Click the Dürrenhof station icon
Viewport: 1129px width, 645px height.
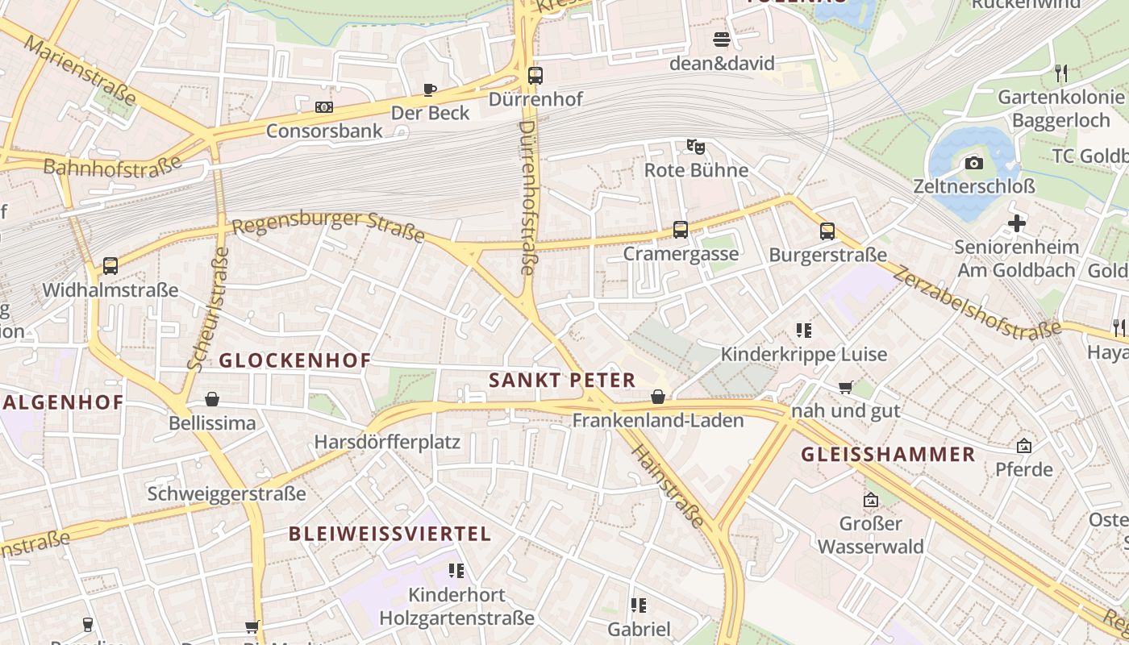click(x=535, y=76)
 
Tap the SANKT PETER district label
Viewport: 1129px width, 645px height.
click(x=562, y=381)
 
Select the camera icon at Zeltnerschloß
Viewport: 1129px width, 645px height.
click(x=974, y=163)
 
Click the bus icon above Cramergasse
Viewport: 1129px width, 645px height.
click(x=681, y=230)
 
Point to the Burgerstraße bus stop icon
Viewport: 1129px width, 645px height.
click(x=827, y=231)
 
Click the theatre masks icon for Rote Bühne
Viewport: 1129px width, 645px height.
click(x=696, y=147)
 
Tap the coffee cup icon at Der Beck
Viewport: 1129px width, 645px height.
click(x=430, y=89)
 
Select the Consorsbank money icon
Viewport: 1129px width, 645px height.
click(x=323, y=107)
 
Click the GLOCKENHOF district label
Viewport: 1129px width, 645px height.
click(x=295, y=360)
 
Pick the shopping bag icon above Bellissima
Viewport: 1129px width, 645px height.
click(x=212, y=399)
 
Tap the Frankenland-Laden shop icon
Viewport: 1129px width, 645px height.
click(x=658, y=397)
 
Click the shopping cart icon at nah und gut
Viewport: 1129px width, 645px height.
click(x=845, y=388)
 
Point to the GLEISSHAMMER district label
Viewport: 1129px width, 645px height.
click(x=888, y=455)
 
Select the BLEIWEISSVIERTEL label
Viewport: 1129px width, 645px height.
click(x=390, y=534)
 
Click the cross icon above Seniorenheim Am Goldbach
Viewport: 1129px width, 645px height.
click(x=1017, y=223)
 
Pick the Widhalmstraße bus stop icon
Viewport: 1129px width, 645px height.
click(x=110, y=266)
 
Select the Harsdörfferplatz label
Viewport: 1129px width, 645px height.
click(x=387, y=442)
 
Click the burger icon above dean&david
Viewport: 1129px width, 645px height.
click(x=722, y=40)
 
